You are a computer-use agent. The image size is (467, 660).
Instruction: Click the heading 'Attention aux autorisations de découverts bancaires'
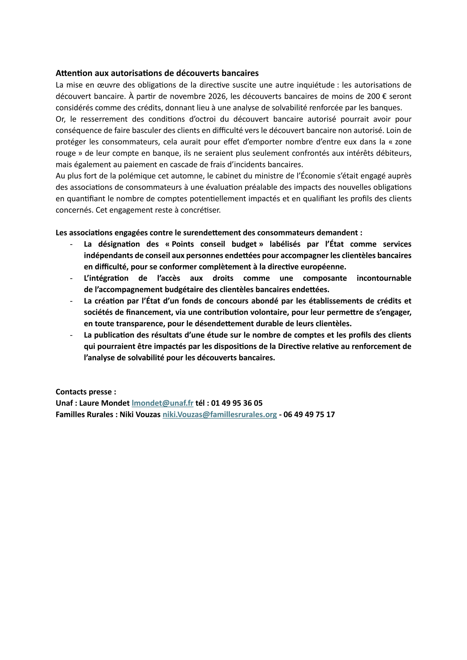pos(157,73)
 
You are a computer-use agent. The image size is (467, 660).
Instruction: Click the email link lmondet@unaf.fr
pos(162,403)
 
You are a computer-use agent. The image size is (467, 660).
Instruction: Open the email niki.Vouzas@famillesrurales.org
pos(220,415)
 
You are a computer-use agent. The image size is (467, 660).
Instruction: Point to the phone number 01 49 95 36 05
pos(237,403)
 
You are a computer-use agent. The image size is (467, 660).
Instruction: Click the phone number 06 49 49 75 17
pos(309,415)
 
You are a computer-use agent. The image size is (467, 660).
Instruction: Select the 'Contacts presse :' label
pos(86,392)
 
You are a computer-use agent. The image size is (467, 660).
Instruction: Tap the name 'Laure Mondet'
pos(104,403)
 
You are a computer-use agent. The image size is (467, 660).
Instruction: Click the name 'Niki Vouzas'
pos(140,415)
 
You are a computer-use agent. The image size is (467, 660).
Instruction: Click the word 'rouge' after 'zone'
pos(65,153)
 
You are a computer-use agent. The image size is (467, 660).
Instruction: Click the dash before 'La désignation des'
pos(71,244)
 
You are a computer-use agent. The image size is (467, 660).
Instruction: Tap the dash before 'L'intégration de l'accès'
pos(71,278)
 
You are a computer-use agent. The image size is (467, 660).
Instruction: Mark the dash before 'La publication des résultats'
pos(71,335)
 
